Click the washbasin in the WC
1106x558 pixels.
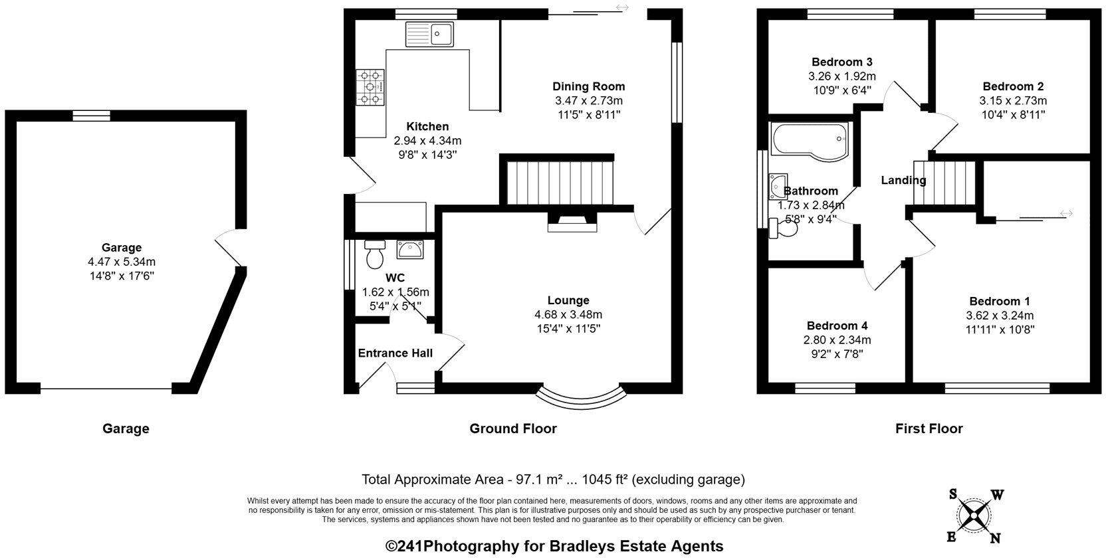point(410,250)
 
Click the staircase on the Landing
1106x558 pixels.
point(944,183)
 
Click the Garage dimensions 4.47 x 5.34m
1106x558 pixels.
point(122,262)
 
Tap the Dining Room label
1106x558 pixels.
point(589,86)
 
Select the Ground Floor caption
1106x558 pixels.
point(513,428)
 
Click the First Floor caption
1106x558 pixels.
point(929,428)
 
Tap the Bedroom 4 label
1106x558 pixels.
point(837,325)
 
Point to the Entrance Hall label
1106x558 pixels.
point(395,353)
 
